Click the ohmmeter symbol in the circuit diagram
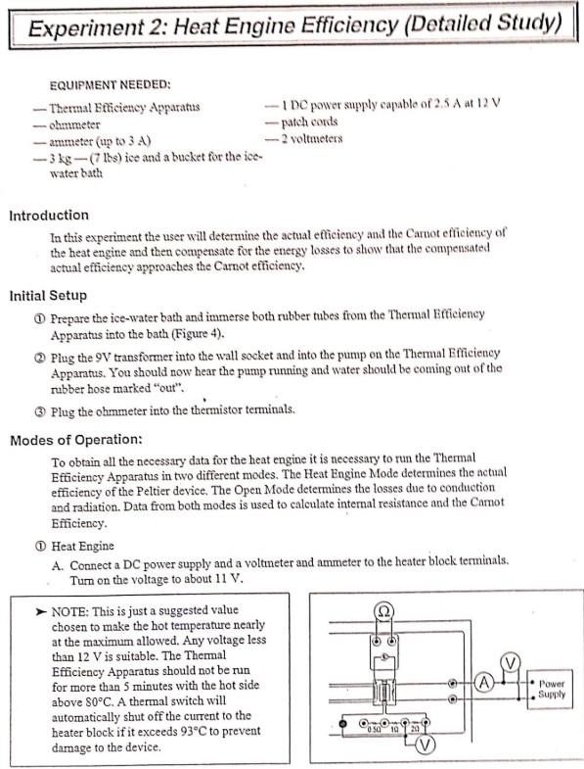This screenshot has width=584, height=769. click(x=384, y=613)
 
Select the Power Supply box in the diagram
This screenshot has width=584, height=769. click(x=552, y=688)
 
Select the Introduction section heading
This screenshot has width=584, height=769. click(x=49, y=216)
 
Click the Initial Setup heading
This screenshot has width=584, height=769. click(x=48, y=295)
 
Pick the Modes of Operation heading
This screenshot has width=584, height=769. click(x=77, y=440)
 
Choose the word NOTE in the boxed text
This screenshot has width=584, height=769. click(x=68, y=609)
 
